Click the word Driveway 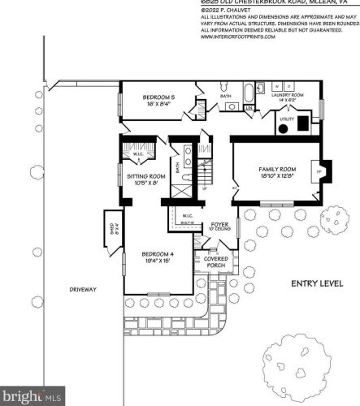pyautogui.click(x=82, y=288)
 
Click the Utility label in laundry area pyautogui.click(x=286, y=119)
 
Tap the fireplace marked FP pyautogui.click(x=318, y=171)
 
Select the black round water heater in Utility pyautogui.click(x=302, y=124)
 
